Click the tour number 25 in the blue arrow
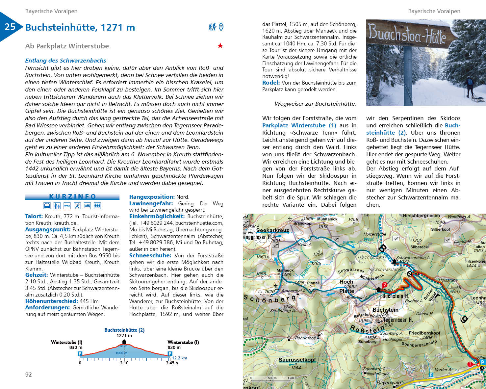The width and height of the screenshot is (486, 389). point(10,27)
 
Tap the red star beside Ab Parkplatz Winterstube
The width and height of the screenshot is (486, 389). point(220,46)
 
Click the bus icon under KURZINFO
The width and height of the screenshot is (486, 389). point(47,206)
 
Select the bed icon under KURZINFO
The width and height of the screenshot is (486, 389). point(87,206)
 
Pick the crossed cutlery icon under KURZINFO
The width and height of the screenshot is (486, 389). point(77,206)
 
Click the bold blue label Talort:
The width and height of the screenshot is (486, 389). point(34,216)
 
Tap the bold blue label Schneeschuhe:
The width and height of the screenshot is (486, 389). point(150,255)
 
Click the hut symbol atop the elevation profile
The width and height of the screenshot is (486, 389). point(124,342)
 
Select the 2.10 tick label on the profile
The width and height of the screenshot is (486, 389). point(124,363)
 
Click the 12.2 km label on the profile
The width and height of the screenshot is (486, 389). point(179,358)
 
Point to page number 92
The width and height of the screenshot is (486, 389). point(29,375)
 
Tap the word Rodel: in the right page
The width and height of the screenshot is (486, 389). point(271,83)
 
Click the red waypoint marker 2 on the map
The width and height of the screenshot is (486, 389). point(384,285)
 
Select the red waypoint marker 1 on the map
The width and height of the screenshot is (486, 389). point(470,364)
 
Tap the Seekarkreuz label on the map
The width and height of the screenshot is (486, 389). point(272,230)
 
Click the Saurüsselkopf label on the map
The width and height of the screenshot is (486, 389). point(297,360)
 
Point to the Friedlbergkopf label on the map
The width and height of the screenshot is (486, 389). point(424,333)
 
